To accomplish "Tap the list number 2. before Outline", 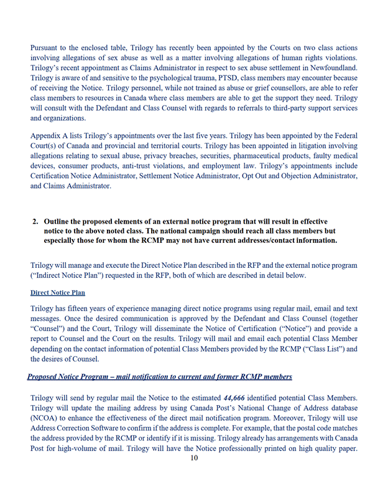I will [35, 221].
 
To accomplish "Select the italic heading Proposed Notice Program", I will [73, 376].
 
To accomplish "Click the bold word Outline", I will [60, 221].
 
